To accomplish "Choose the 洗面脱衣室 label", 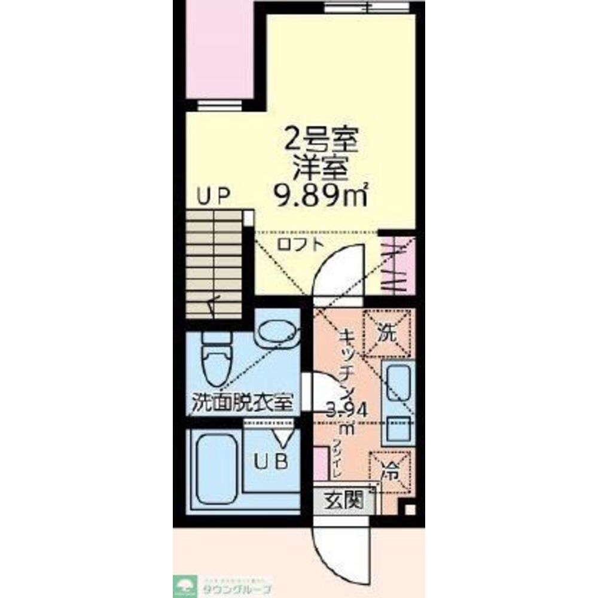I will pyautogui.click(x=242, y=402).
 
